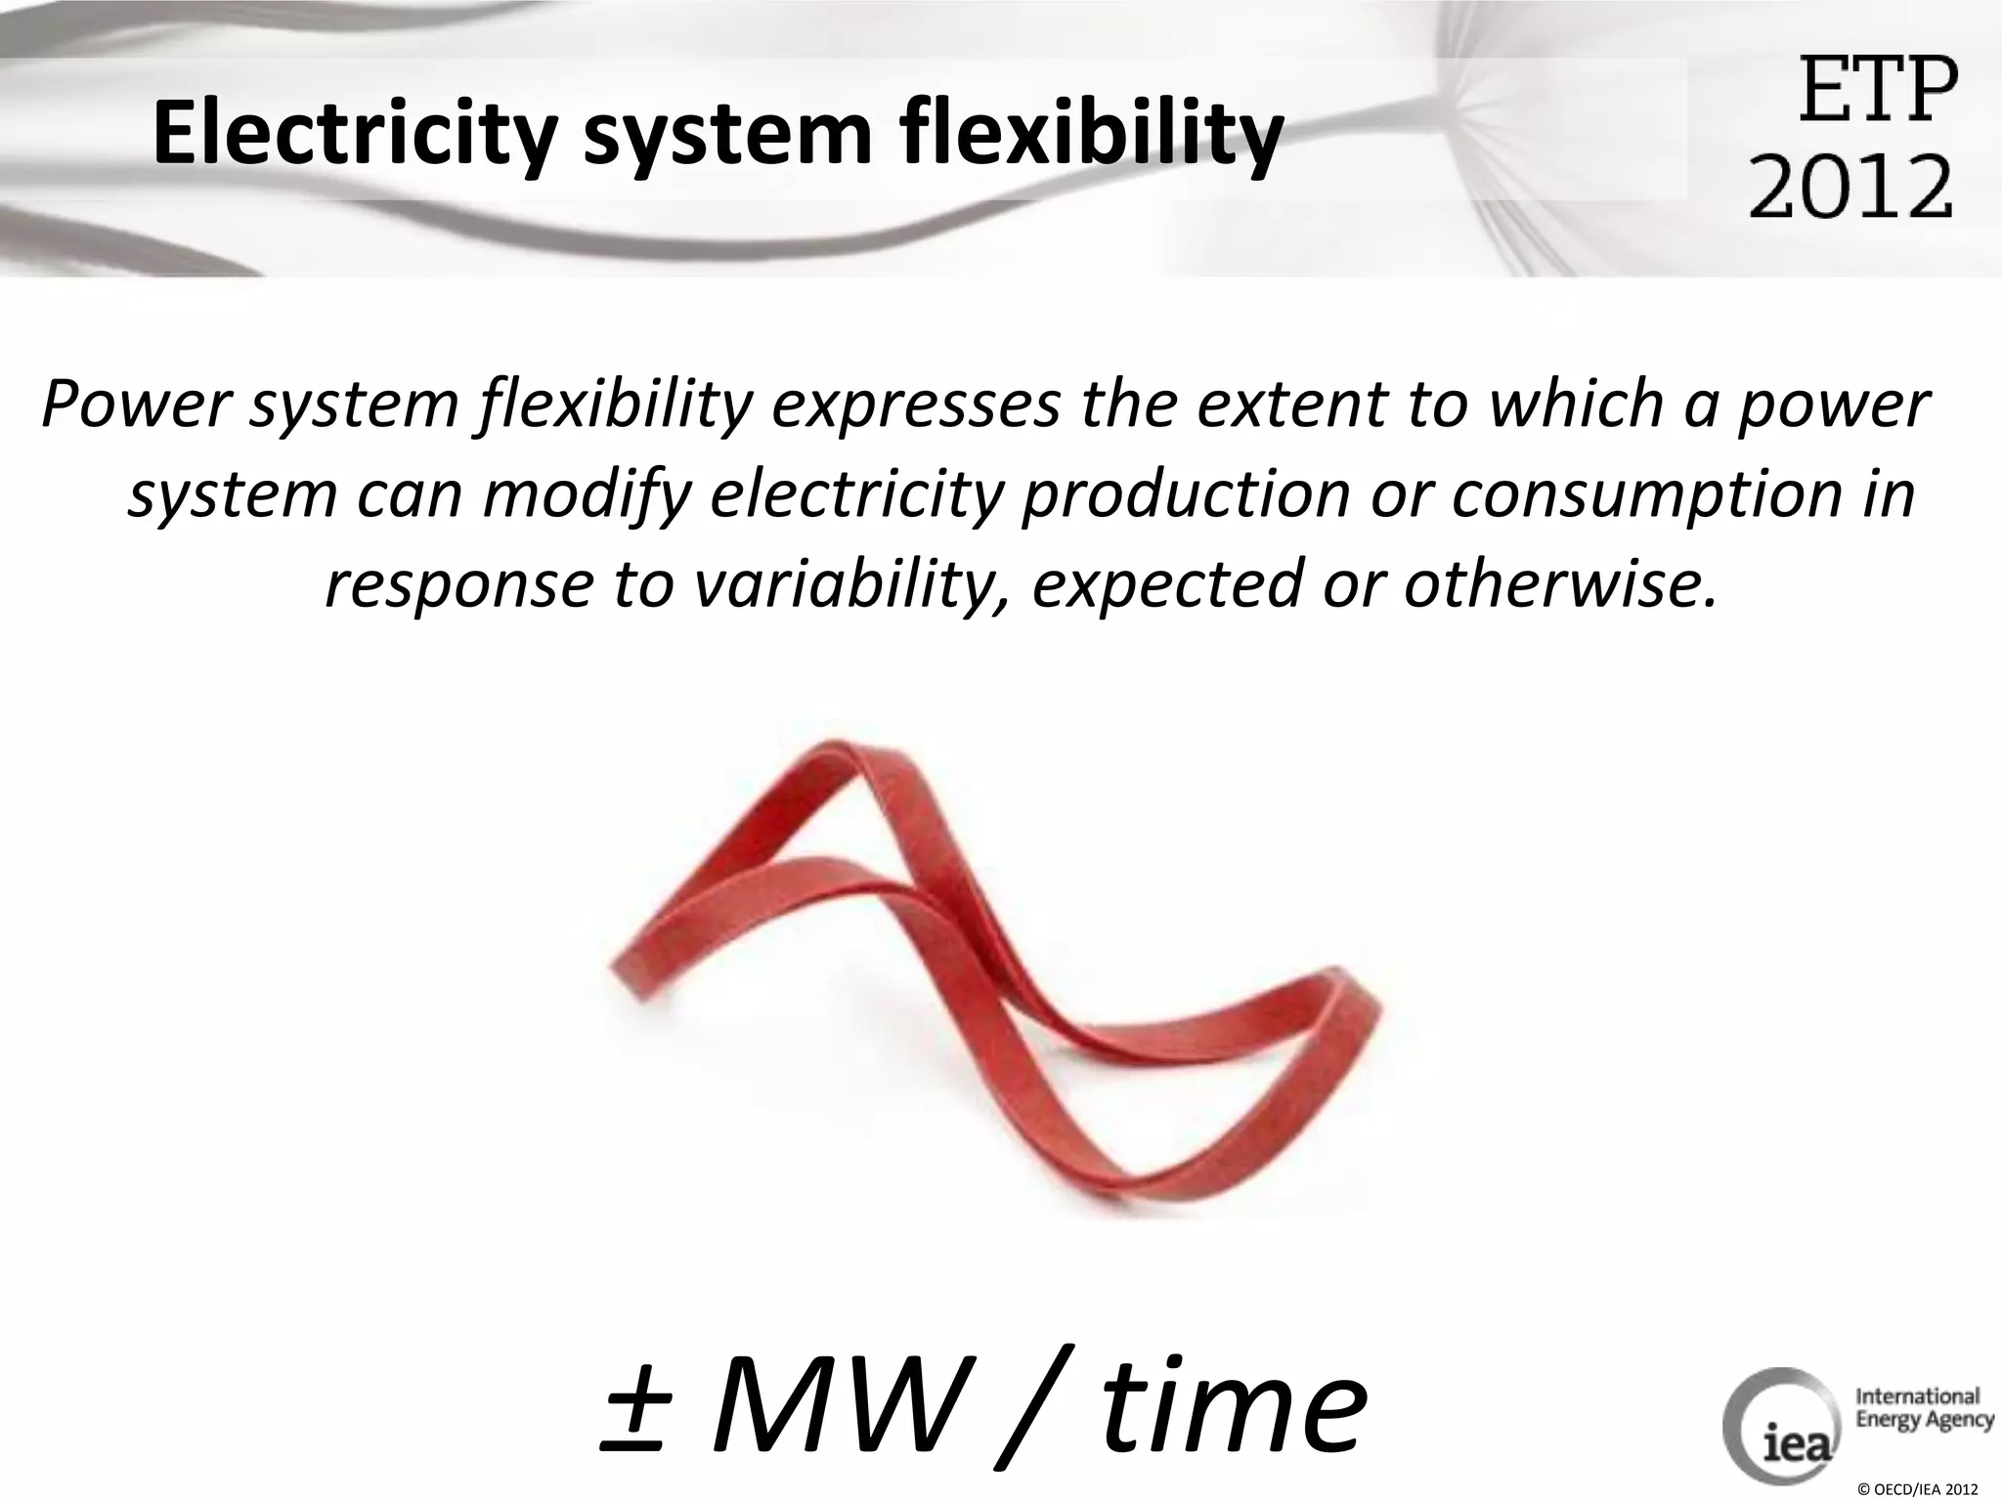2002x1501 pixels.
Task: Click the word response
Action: pos(458,584)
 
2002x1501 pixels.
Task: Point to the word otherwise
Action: pos(1560,584)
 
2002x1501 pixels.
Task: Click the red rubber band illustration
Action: pos(987,977)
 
